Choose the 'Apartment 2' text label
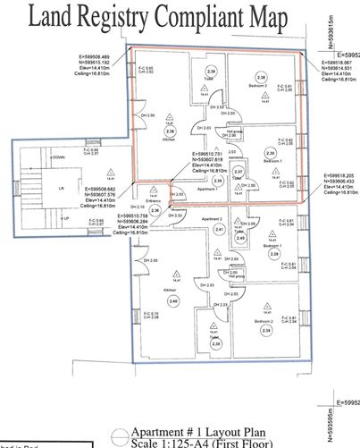[212, 218]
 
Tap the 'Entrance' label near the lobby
[155, 202]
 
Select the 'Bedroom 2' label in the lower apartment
[263, 319]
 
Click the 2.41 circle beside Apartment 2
[220, 230]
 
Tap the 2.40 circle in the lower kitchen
[173, 302]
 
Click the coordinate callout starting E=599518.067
[339, 69]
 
